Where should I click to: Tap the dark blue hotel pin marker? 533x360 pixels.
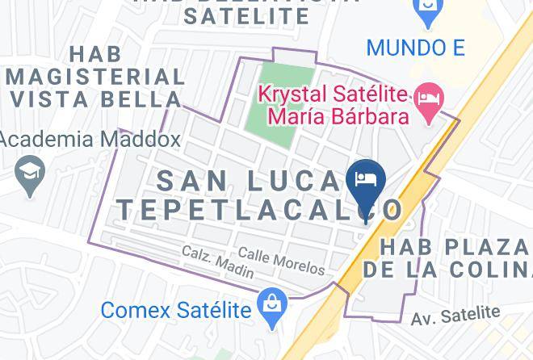tap(366, 182)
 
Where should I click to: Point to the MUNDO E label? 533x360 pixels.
tap(415, 47)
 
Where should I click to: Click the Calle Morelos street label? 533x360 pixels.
tap(281, 260)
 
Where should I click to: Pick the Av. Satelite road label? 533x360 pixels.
tap(455, 315)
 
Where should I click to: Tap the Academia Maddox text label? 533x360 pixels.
tap(89, 139)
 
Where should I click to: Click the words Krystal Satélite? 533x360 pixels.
tap(332, 94)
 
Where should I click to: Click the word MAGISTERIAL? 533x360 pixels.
tap(94, 77)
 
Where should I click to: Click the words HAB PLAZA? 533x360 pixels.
tap(455, 245)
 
